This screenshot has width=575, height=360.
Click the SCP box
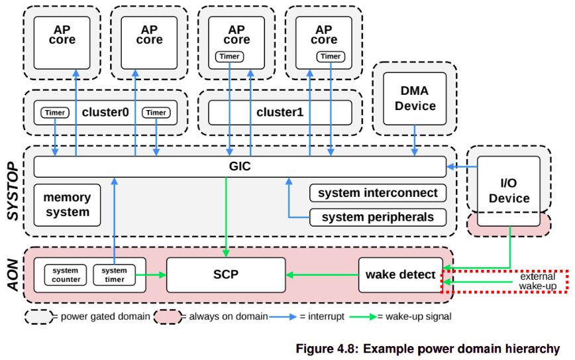click(x=226, y=274)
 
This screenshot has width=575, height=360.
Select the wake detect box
click(x=400, y=274)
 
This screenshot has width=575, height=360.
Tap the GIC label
click(x=235, y=166)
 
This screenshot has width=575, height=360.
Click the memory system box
click(x=66, y=204)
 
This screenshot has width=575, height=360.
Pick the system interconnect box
click(x=378, y=193)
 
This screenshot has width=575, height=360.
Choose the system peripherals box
click(x=378, y=217)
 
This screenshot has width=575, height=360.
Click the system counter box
click(x=66, y=274)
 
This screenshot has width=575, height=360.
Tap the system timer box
click(x=114, y=274)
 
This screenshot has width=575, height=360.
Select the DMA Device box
click(x=419, y=97)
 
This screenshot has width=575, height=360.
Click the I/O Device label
click(x=509, y=190)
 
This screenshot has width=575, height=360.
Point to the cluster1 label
click(x=280, y=112)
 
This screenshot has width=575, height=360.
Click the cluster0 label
click(x=105, y=112)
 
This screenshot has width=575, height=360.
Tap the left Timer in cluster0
click(x=55, y=113)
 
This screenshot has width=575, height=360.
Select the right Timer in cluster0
click(x=156, y=113)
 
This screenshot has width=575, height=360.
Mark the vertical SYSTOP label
click(x=13, y=192)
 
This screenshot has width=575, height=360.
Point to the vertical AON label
click(x=13, y=275)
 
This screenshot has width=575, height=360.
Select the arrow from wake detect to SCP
click(x=321, y=274)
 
